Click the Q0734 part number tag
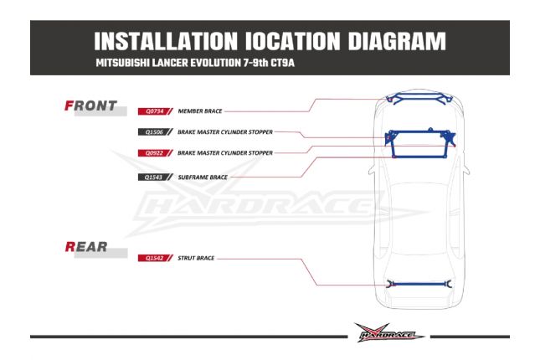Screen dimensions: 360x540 [156, 110]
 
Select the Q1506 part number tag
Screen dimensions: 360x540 [156, 131]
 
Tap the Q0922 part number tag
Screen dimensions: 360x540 [156, 152]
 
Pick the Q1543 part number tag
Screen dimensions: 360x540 [156, 177]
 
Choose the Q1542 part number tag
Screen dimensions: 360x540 [156, 258]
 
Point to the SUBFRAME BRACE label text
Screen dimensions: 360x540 [203, 177]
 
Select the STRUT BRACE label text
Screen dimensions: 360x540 [197, 258]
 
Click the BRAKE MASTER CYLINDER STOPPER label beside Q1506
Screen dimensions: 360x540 [225, 131]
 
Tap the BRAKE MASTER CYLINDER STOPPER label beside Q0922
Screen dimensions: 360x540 [225, 152]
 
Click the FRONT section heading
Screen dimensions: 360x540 [91, 106]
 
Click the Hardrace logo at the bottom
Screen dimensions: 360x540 [388, 332]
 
